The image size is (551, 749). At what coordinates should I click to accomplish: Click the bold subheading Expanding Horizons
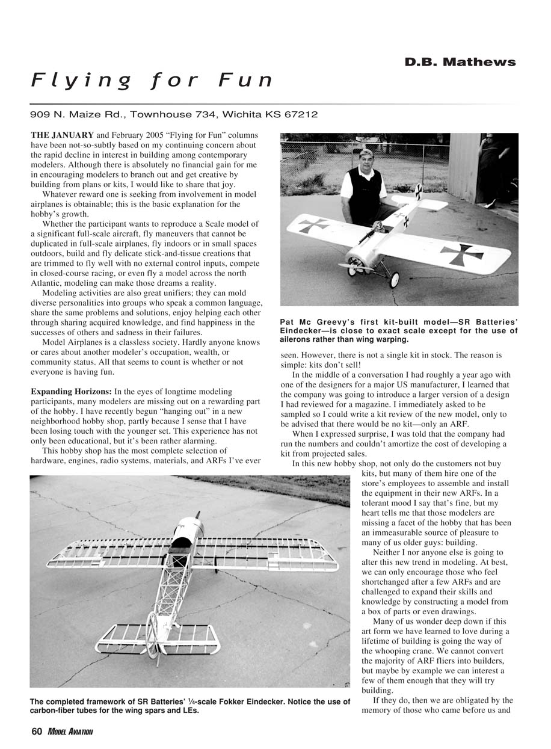(70, 392)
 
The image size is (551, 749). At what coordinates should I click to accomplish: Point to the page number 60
(37, 732)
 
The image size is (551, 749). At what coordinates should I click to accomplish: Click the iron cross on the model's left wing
(314, 225)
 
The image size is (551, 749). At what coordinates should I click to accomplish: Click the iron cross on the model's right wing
(462, 253)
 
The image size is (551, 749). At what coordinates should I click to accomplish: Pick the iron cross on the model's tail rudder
(418, 192)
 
